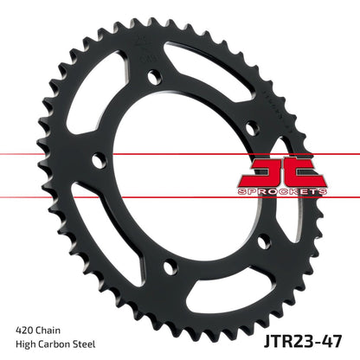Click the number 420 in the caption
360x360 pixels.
click(26, 330)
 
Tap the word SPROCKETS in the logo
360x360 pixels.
click(295, 190)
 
